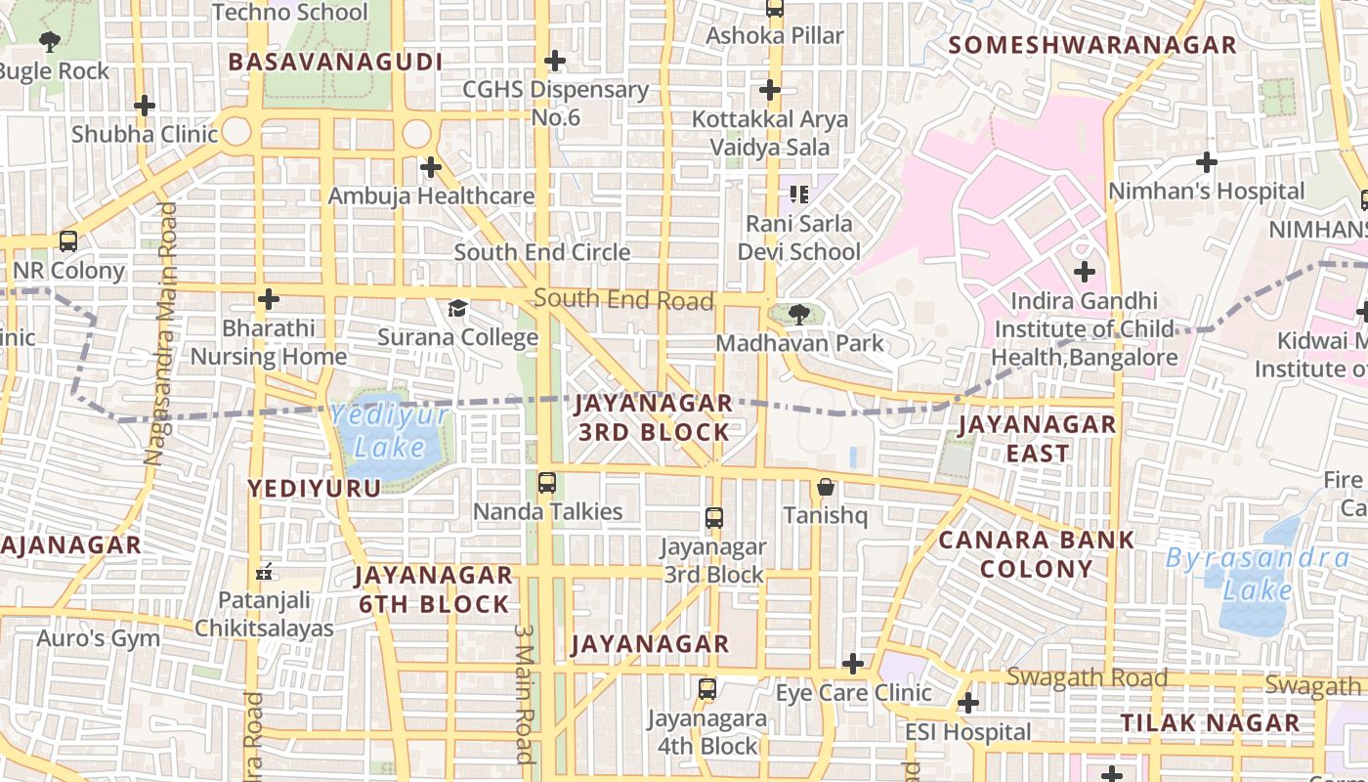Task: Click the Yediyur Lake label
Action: (390, 431)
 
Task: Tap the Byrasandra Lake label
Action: (1259, 574)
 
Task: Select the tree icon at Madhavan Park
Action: (799, 314)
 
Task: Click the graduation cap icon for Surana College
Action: (457, 309)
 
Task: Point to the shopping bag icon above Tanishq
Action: (826, 486)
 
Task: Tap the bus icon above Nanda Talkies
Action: (547, 482)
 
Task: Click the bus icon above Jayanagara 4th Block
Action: (707, 689)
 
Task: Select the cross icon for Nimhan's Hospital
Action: (1207, 162)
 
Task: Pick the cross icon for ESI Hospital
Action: (968, 703)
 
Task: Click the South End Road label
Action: (623, 299)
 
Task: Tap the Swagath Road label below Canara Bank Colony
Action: (1087, 677)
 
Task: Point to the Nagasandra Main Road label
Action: (161, 332)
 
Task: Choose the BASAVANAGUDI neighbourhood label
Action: (335, 63)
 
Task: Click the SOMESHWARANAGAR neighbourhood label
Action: (1092, 45)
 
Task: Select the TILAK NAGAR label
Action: (1210, 723)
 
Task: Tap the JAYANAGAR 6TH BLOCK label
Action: (434, 589)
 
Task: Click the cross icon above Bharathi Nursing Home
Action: (269, 299)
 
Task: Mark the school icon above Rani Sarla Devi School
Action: (799, 195)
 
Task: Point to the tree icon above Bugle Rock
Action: (50, 42)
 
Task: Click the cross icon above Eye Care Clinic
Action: (853, 665)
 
